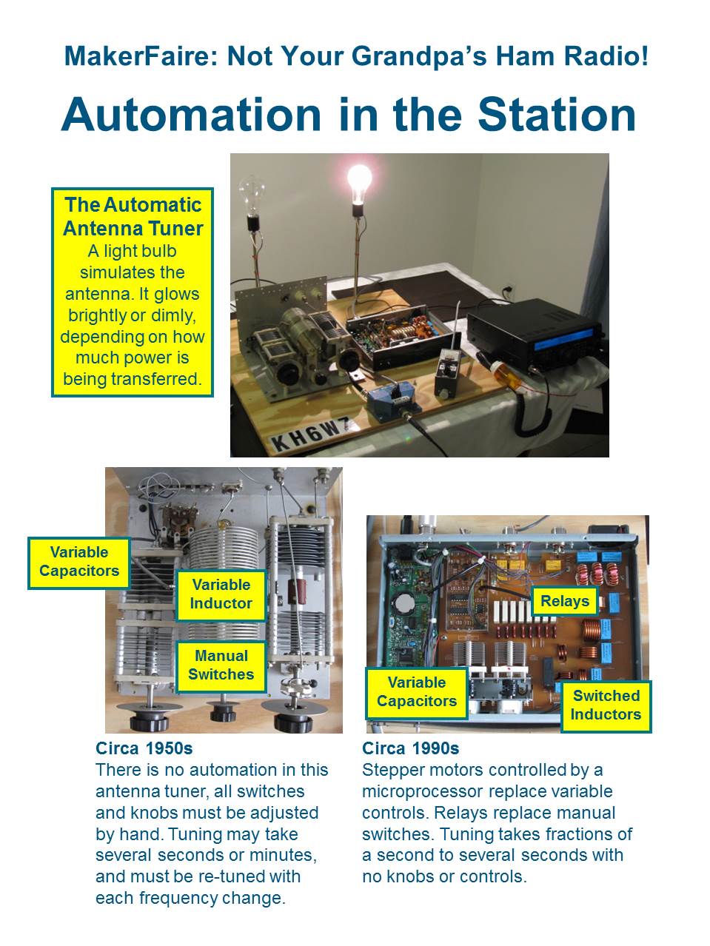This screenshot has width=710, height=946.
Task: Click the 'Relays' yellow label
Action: (564, 601)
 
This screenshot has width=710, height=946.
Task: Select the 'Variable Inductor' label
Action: (221, 594)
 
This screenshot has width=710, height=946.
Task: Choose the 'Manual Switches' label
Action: (221, 665)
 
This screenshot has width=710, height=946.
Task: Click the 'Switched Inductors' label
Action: (606, 705)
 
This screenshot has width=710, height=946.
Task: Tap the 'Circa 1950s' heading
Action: (144, 748)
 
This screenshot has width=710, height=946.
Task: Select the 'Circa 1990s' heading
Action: (410, 748)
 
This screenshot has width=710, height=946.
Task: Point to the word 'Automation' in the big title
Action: (192, 115)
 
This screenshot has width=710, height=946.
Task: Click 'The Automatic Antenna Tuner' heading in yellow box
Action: (133, 216)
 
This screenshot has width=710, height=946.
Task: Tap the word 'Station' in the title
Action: (557, 115)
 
